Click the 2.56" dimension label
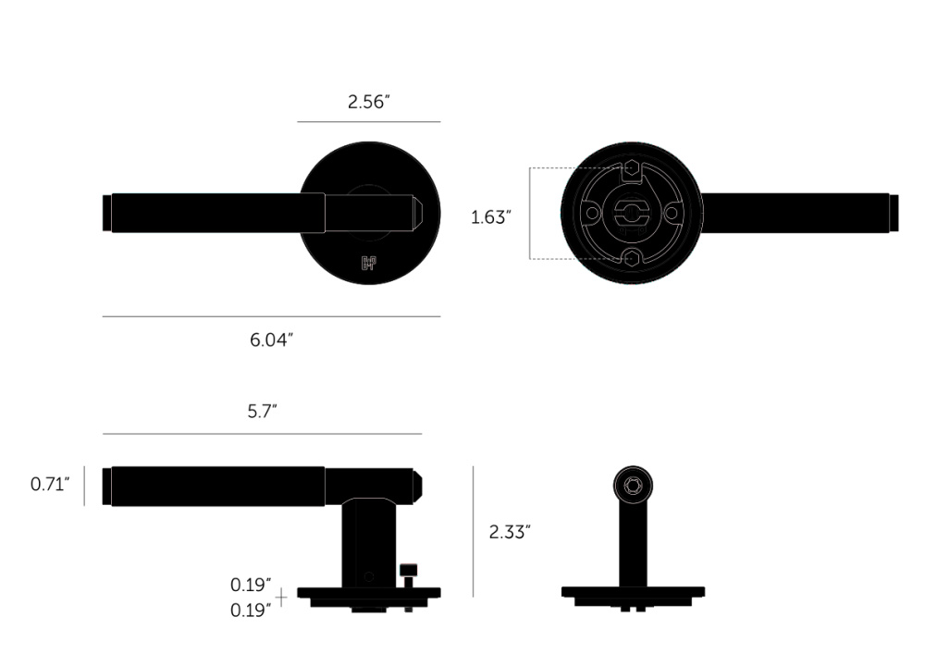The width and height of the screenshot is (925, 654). (x=369, y=102)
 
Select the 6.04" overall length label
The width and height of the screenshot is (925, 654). (x=271, y=339)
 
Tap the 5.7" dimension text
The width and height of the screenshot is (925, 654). (x=262, y=411)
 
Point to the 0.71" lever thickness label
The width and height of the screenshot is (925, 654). (x=50, y=484)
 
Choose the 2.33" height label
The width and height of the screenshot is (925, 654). (x=510, y=532)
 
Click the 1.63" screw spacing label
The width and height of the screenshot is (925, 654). (x=491, y=217)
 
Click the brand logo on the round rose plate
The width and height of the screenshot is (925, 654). (x=368, y=263)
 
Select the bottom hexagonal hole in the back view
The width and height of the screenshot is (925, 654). (x=632, y=258)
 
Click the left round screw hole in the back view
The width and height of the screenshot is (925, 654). (x=591, y=213)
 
